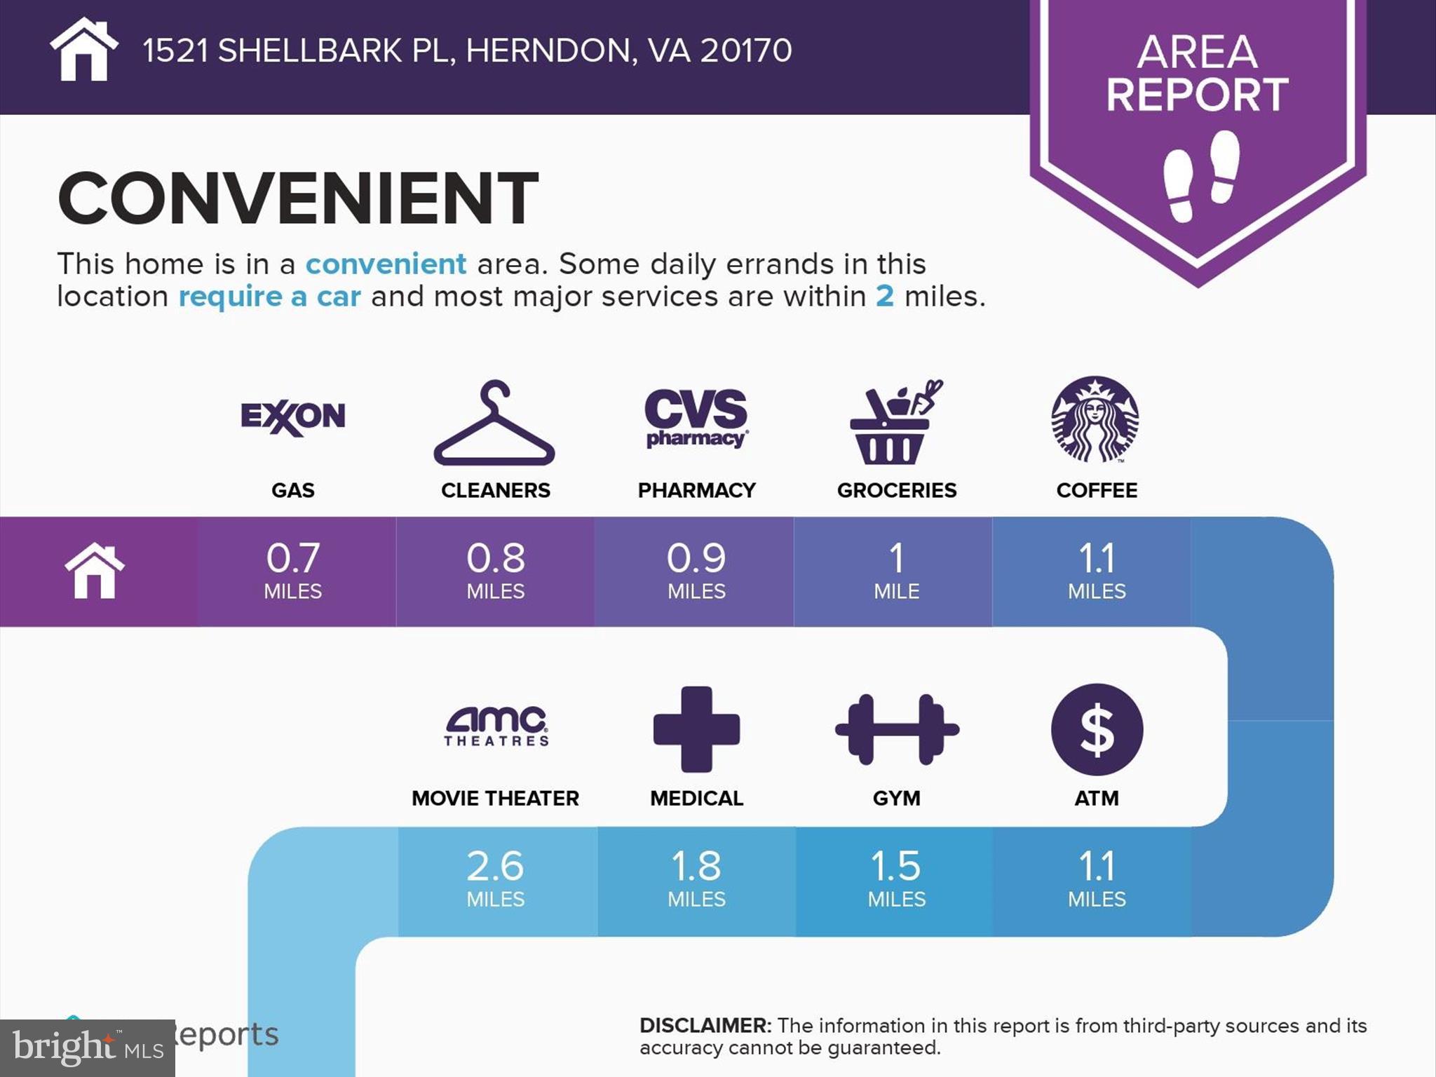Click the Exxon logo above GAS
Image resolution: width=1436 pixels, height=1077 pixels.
[293, 418]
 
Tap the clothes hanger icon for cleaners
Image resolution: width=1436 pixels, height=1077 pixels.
[494, 424]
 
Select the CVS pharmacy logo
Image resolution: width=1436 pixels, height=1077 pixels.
[696, 419]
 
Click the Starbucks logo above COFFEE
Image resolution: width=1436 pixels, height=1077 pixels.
[1095, 419]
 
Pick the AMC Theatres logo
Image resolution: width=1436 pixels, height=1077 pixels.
[496, 726]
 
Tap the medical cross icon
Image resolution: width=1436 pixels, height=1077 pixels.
[696, 729]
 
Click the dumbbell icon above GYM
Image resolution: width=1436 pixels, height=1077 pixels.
[897, 729]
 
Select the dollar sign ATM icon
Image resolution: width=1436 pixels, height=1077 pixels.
[1097, 729]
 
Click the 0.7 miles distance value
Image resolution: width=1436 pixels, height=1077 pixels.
[293, 558]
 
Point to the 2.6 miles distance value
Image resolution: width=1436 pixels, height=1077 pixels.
[495, 867]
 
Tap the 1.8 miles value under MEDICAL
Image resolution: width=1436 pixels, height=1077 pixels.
[696, 867]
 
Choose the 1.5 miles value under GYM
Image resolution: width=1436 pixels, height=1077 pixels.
[896, 867]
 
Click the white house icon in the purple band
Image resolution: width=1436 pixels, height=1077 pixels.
[95, 571]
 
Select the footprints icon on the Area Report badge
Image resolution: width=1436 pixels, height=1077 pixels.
[1200, 175]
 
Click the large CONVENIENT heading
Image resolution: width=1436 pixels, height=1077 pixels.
[298, 199]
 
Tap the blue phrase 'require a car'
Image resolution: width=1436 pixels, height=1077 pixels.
[270, 297]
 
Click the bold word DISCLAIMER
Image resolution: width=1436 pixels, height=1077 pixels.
[705, 1026]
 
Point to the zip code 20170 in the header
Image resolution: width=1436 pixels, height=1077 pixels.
[745, 50]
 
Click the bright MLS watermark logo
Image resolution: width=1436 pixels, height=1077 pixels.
[87, 1048]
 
